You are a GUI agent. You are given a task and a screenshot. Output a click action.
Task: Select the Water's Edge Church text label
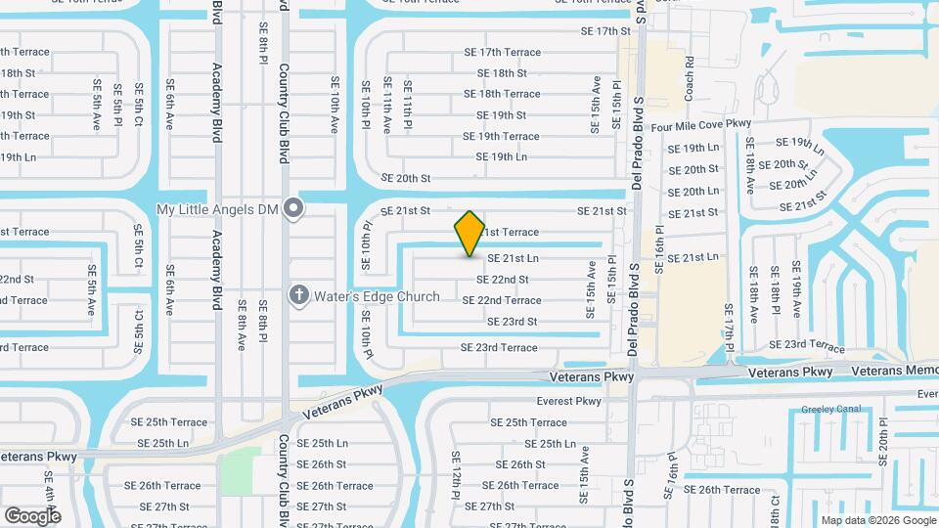pos(377,296)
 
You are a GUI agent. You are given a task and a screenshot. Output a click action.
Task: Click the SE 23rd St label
pos(507,322)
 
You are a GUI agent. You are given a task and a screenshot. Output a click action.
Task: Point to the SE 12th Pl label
pos(456,476)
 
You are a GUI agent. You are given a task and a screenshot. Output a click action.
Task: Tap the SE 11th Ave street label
pos(387,105)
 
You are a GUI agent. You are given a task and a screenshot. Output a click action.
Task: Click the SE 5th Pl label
pos(116,102)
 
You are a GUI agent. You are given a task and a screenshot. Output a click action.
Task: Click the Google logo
pos(31,515)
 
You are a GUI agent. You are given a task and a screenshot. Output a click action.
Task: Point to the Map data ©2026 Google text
pos(876,520)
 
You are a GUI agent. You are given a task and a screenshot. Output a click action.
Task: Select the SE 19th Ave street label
pos(797,290)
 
